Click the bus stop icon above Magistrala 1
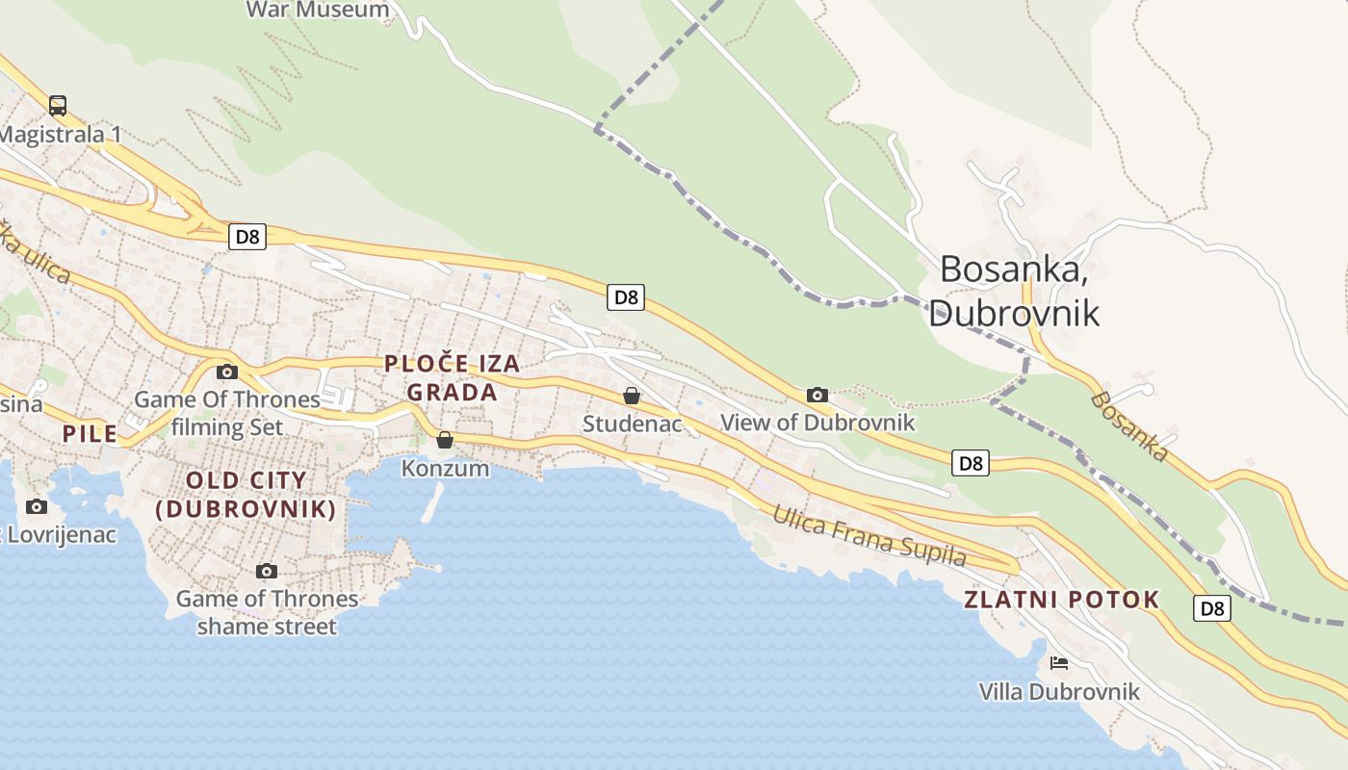[58, 106]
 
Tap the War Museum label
[318, 11]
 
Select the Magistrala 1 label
[60, 135]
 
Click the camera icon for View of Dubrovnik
[817, 395]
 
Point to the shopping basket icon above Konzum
[445, 441]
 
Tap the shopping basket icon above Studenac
[632, 396]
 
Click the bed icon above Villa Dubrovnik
[1059, 663]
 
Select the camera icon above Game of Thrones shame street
[267, 572]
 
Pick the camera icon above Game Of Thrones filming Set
[227, 372]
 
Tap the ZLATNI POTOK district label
[1062, 601]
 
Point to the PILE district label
[90, 434]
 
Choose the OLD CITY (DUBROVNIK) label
[246, 495]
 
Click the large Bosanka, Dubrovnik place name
[1014, 291]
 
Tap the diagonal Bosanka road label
[1130, 426]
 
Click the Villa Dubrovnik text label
[1059, 692]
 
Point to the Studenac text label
[633, 423]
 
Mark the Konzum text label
[445, 470]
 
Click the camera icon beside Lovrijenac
[37, 507]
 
